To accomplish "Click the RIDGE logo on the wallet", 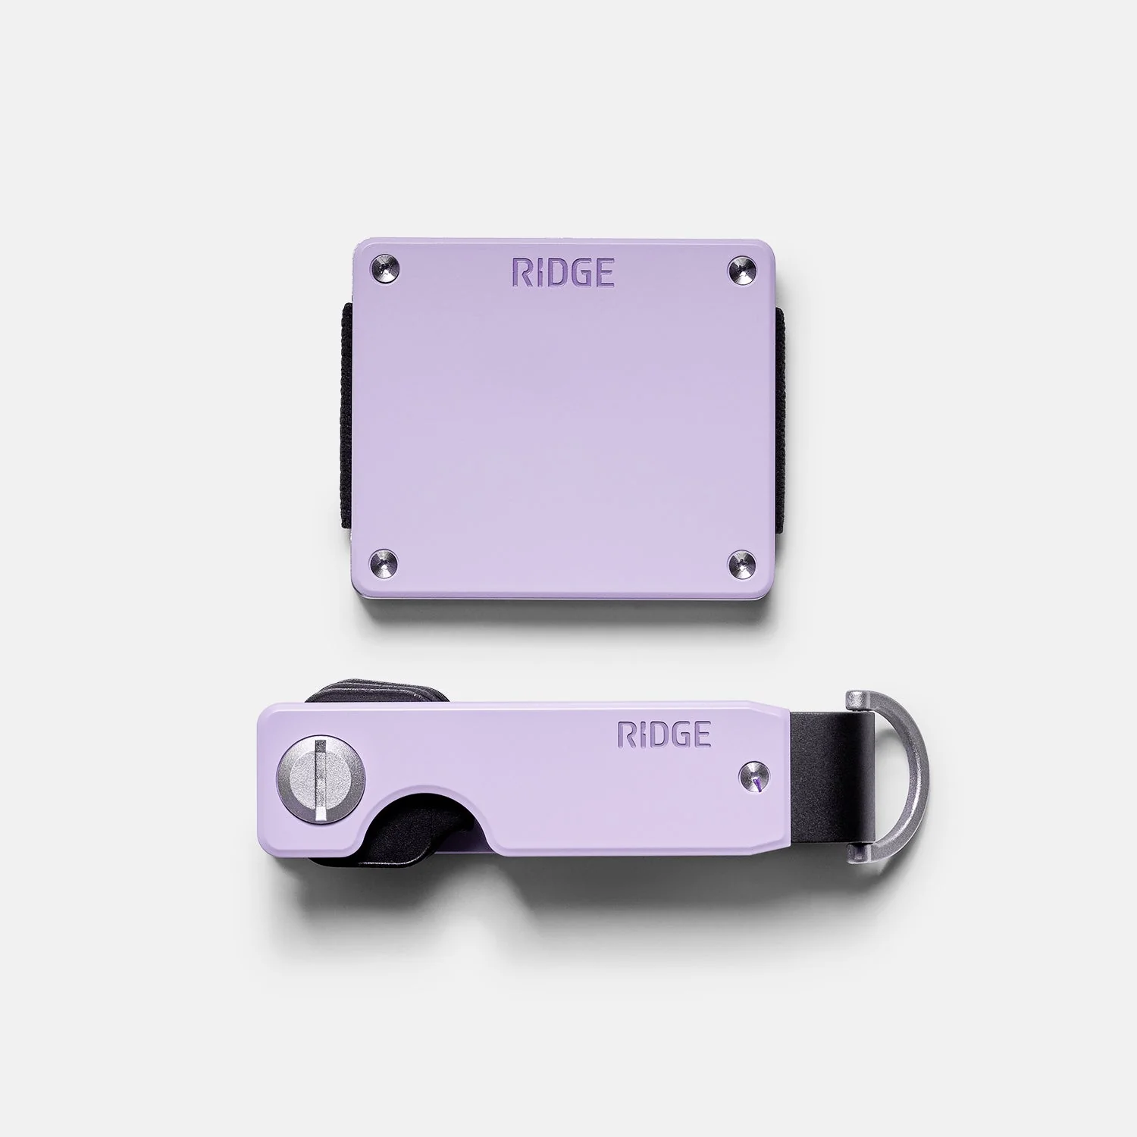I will click(x=562, y=271).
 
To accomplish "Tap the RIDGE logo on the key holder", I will click(x=665, y=735).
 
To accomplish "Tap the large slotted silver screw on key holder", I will click(x=321, y=779).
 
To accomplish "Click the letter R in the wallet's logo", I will click(x=522, y=271).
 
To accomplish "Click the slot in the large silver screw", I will click(x=321, y=779).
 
